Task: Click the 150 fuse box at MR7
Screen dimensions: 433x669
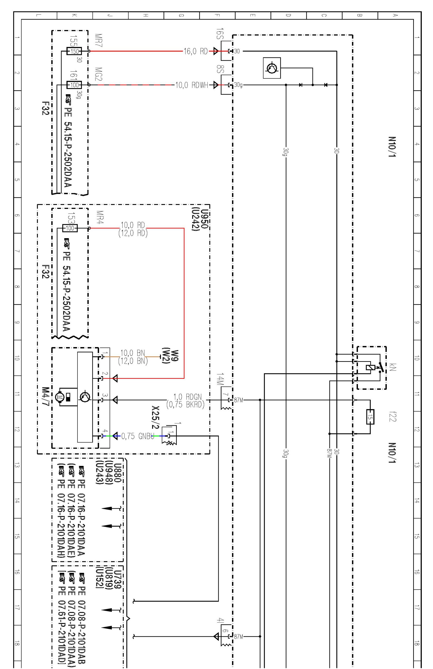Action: pyautogui.click(x=74, y=51)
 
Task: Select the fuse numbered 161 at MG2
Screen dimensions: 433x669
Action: pyautogui.click(x=74, y=84)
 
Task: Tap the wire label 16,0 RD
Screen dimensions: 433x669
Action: pyautogui.click(x=196, y=51)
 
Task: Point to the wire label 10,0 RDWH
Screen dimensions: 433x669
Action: pyautogui.click(x=192, y=85)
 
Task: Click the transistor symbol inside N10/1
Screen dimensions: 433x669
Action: pyautogui.click(x=272, y=68)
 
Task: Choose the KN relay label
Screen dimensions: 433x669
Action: pyautogui.click(x=393, y=367)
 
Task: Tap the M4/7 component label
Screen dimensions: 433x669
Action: pyautogui.click(x=45, y=396)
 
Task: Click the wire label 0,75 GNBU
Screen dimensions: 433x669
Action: pyautogui.click(x=138, y=436)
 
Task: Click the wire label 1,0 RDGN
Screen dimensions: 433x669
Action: pyautogui.click(x=187, y=397)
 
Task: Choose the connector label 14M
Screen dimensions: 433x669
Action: pyautogui.click(x=220, y=380)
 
